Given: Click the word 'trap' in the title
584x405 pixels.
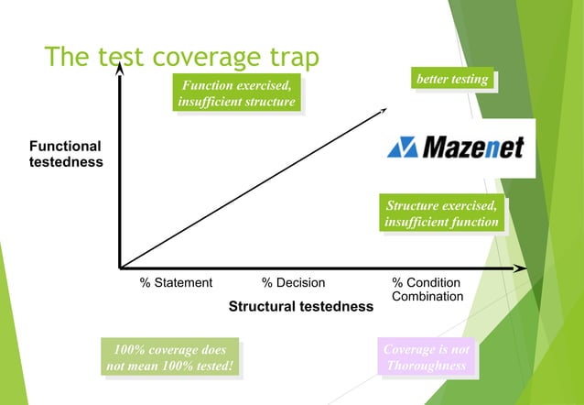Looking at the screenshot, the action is [288, 59].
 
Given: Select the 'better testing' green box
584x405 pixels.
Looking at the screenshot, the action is [452, 79].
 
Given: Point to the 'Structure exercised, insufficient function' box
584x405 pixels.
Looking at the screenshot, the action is [442, 213].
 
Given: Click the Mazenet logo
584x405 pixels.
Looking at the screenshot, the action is [455, 148].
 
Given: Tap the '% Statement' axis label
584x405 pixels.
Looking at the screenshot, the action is [176, 283].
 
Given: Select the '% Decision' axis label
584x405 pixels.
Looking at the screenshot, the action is [293, 283].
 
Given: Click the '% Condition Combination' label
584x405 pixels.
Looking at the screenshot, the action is [427, 290].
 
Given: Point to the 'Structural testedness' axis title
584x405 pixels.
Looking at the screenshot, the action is [300, 306].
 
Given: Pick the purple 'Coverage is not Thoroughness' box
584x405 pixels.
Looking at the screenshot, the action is [427, 357].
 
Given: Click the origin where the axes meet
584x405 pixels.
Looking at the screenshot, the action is [120, 268].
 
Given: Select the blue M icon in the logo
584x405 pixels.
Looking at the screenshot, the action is [402, 148].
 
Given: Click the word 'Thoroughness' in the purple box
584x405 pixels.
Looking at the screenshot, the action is [427, 366].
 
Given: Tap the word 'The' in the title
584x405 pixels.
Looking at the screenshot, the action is [67, 59].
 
